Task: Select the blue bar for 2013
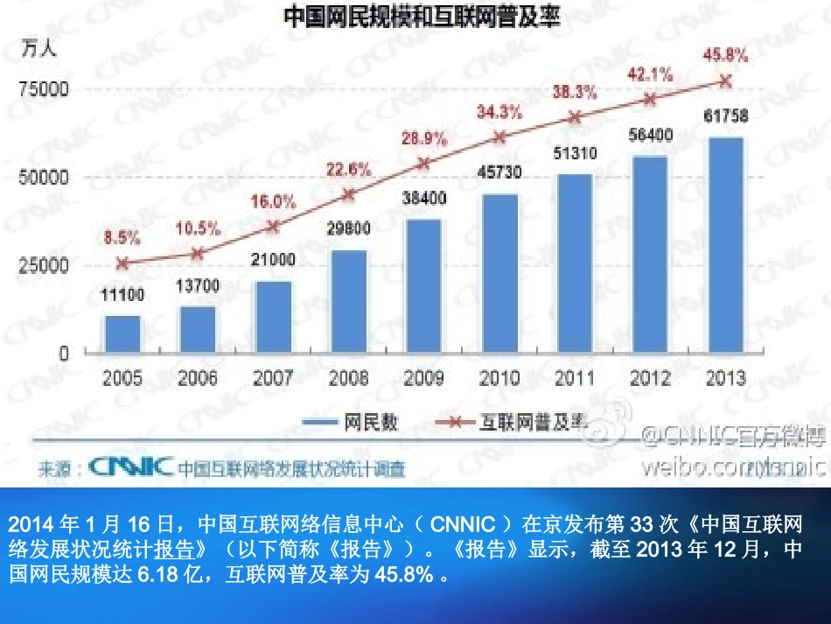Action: click(725, 245)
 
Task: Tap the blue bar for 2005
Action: click(122, 334)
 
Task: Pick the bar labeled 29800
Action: click(348, 302)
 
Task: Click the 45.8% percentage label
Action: click(725, 56)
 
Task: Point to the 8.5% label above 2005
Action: click(122, 236)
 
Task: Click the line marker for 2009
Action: click(424, 164)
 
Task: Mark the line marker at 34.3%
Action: click(499, 137)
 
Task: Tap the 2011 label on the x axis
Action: click(575, 379)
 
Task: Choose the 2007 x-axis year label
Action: click(273, 379)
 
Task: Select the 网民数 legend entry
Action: click(350, 423)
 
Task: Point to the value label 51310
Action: click(575, 154)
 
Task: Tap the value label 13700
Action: click(198, 285)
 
